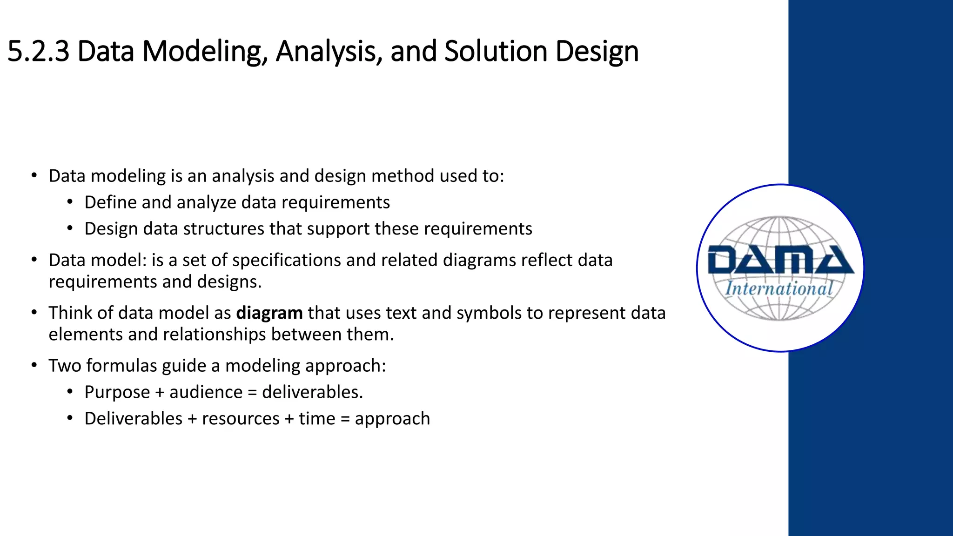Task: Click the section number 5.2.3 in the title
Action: pos(38,51)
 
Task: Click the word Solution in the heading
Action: pos(496,51)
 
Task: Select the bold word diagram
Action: pos(269,313)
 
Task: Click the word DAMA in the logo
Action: pos(780,260)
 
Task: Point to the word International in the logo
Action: pos(779,288)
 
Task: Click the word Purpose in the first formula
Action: pos(117,392)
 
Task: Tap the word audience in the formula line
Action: pos(206,392)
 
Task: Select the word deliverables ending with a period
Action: pos(312,392)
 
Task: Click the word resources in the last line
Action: pos(241,419)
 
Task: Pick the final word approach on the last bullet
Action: pos(392,419)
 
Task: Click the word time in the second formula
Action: pos(316,419)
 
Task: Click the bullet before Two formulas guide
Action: pos(34,365)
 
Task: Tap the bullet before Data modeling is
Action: pos(34,175)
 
